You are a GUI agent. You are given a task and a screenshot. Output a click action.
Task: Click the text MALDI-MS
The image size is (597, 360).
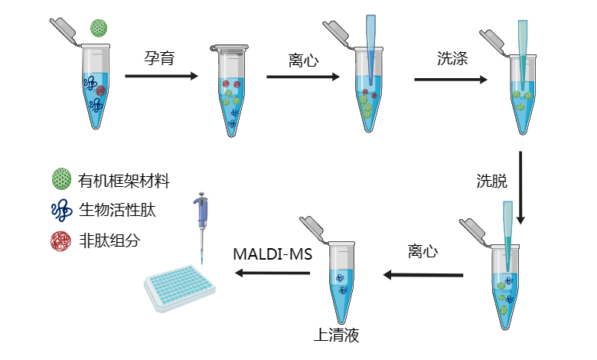click(x=273, y=253)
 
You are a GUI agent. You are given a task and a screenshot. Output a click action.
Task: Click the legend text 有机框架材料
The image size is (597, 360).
click(x=123, y=181)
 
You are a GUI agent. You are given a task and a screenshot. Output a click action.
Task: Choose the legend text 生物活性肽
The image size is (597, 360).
click(x=113, y=211)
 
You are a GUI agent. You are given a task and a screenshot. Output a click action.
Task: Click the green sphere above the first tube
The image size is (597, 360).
click(x=98, y=28)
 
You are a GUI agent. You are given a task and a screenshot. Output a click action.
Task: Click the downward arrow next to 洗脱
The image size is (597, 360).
click(x=520, y=187)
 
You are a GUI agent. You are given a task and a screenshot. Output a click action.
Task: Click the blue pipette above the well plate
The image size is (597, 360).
click(x=201, y=222)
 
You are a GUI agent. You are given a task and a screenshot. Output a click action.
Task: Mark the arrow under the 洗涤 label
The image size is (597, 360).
click(x=452, y=79)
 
